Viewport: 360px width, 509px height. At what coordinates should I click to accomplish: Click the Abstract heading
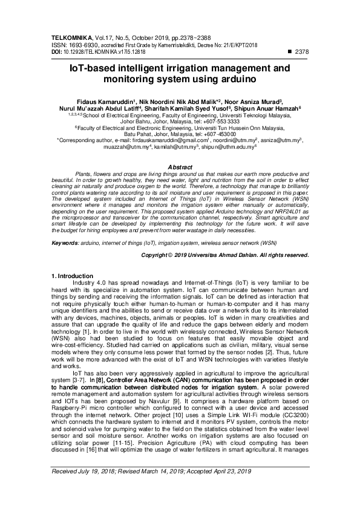tap(180, 166)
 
